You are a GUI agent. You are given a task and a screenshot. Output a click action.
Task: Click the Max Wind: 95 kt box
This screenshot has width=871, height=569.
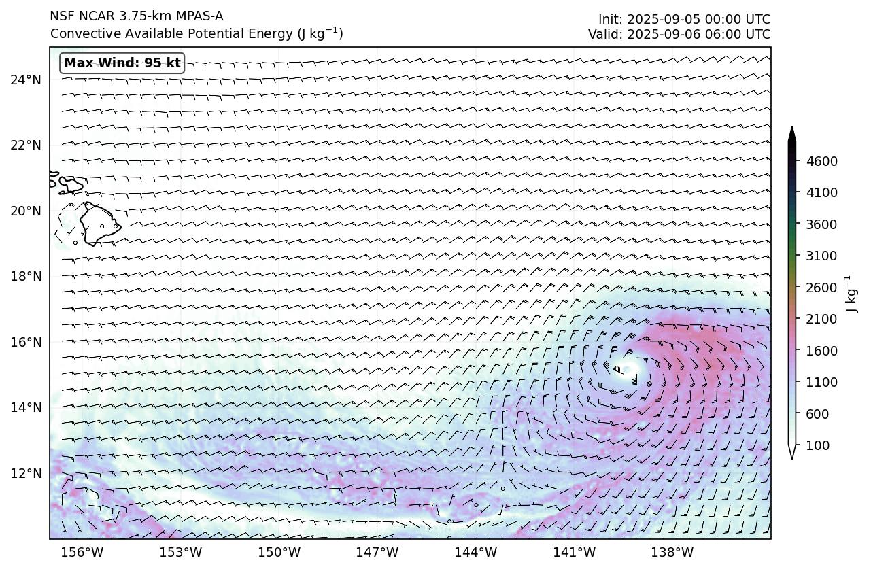point(122,63)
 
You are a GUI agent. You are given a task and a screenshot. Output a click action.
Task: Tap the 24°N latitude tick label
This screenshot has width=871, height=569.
point(26,80)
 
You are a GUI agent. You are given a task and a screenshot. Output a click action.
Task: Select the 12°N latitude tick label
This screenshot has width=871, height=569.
point(26,473)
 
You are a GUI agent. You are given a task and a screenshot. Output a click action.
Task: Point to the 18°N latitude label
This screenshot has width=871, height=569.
point(26,277)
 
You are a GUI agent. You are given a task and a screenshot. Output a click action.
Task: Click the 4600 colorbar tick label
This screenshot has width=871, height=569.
point(821,161)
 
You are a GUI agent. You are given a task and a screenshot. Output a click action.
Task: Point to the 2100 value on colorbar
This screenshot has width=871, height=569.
point(821,319)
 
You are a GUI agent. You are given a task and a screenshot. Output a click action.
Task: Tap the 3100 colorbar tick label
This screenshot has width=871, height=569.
point(821,256)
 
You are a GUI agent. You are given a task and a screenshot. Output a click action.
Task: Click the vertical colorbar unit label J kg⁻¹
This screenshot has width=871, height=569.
point(849,294)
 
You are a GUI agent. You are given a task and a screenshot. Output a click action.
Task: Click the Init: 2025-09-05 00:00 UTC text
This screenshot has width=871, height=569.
point(684,19)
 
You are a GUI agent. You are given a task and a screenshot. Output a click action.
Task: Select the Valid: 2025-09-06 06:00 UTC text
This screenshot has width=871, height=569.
point(679,34)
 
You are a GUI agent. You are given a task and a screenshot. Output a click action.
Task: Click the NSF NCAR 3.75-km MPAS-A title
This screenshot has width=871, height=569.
point(136,16)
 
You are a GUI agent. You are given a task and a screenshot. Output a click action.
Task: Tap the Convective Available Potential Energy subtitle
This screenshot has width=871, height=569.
point(197,33)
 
